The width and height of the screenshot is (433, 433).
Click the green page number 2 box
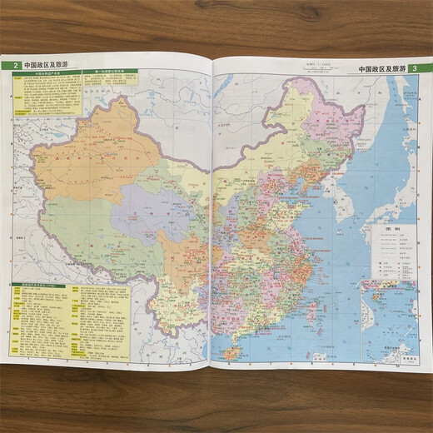click(14, 67)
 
